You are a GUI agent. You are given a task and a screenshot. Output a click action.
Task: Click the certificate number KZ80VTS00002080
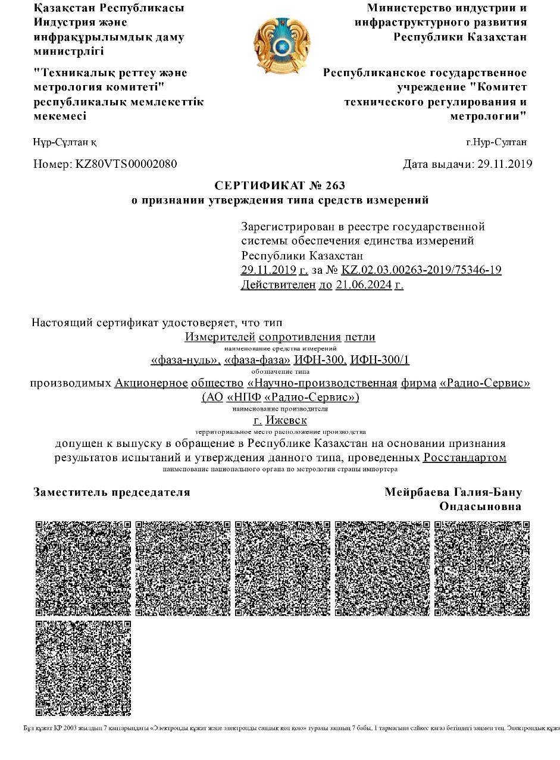(126, 164)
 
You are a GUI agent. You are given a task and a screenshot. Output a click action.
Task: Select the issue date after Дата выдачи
(505, 164)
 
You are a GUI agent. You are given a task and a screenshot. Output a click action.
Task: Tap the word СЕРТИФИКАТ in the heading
(257, 186)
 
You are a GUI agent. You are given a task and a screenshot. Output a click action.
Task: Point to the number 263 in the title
(336, 186)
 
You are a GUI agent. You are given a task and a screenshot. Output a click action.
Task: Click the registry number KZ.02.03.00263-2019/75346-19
(421, 270)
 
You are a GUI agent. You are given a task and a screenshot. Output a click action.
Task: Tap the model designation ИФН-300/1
(380, 360)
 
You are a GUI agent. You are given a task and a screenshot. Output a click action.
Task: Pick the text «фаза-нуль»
(186, 360)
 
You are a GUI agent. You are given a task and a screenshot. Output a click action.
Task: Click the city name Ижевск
(286, 420)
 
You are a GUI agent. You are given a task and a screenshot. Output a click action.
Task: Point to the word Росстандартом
(465, 458)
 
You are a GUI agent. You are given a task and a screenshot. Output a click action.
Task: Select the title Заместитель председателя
(112, 492)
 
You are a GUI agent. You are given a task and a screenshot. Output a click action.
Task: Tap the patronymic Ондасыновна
(480, 506)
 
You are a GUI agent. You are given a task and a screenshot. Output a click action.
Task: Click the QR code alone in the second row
(83, 668)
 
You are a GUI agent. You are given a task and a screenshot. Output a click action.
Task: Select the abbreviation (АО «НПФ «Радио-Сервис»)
(280, 397)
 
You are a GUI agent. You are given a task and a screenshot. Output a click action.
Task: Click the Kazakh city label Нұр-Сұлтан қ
(65, 142)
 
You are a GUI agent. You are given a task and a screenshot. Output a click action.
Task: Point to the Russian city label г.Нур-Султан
(496, 142)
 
